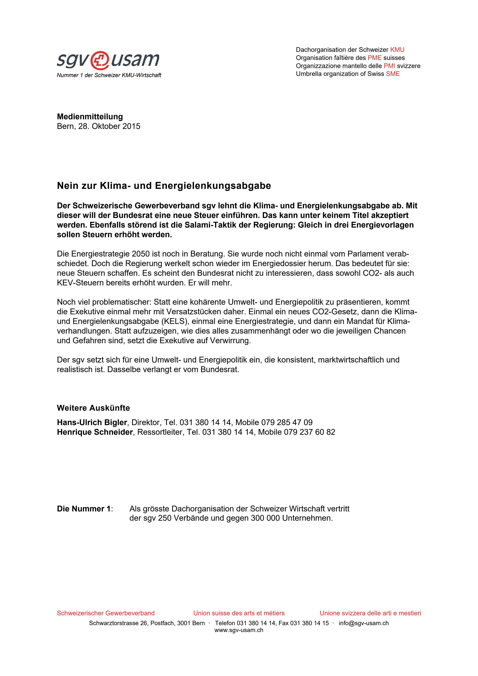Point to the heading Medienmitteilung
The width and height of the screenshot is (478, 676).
point(90,117)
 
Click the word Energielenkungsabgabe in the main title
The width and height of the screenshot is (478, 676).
point(213,186)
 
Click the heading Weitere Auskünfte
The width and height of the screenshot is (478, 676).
point(93,408)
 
